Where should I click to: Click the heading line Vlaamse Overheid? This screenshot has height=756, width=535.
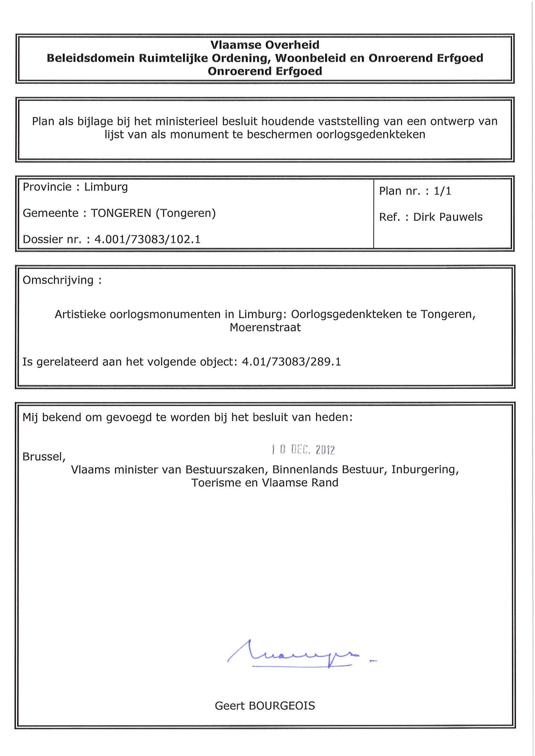(265, 45)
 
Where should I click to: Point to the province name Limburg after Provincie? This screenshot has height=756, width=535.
(106, 187)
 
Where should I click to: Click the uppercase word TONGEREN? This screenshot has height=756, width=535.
(121, 213)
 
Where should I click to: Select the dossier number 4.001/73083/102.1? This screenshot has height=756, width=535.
(147, 240)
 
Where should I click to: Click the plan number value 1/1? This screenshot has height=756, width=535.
(442, 191)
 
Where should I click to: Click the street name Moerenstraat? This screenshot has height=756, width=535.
(265, 328)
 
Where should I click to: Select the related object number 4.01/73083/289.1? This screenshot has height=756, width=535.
(291, 362)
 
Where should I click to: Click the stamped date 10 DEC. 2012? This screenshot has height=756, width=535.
(303, 450)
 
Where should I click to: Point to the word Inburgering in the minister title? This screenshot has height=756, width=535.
(425, 470)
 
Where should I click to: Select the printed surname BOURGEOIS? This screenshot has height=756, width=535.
(282, 706)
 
